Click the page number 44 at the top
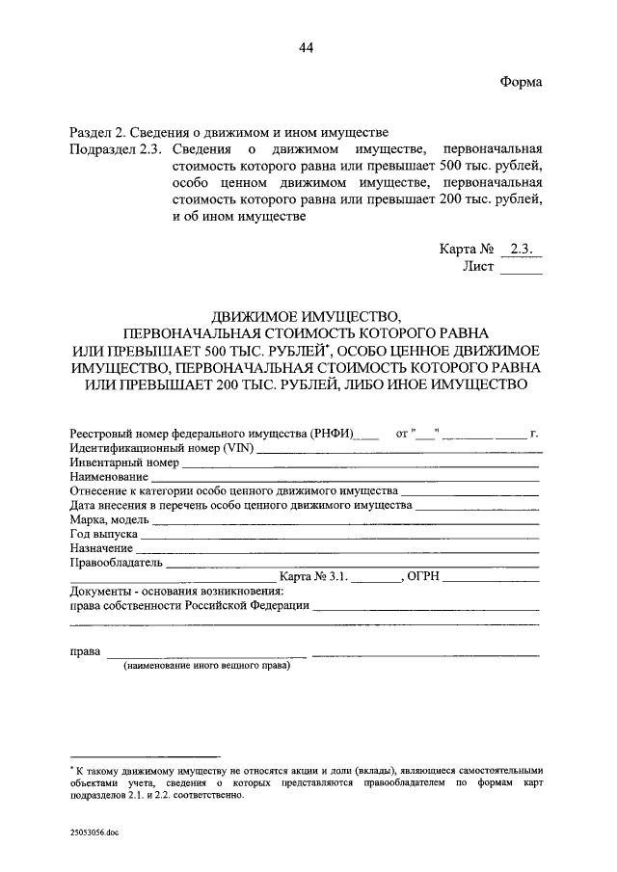308,48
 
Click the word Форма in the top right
522,82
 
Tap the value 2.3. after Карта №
525,249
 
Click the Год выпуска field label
105,534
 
